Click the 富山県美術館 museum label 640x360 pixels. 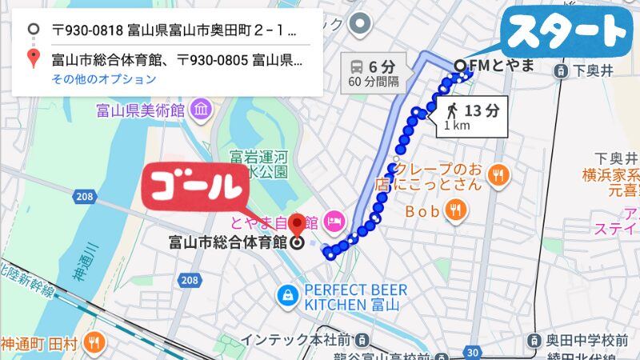(x=140, y=108)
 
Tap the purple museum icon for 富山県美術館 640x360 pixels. (x=199, y=108)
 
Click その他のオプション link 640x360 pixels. (x=103, y=79)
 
